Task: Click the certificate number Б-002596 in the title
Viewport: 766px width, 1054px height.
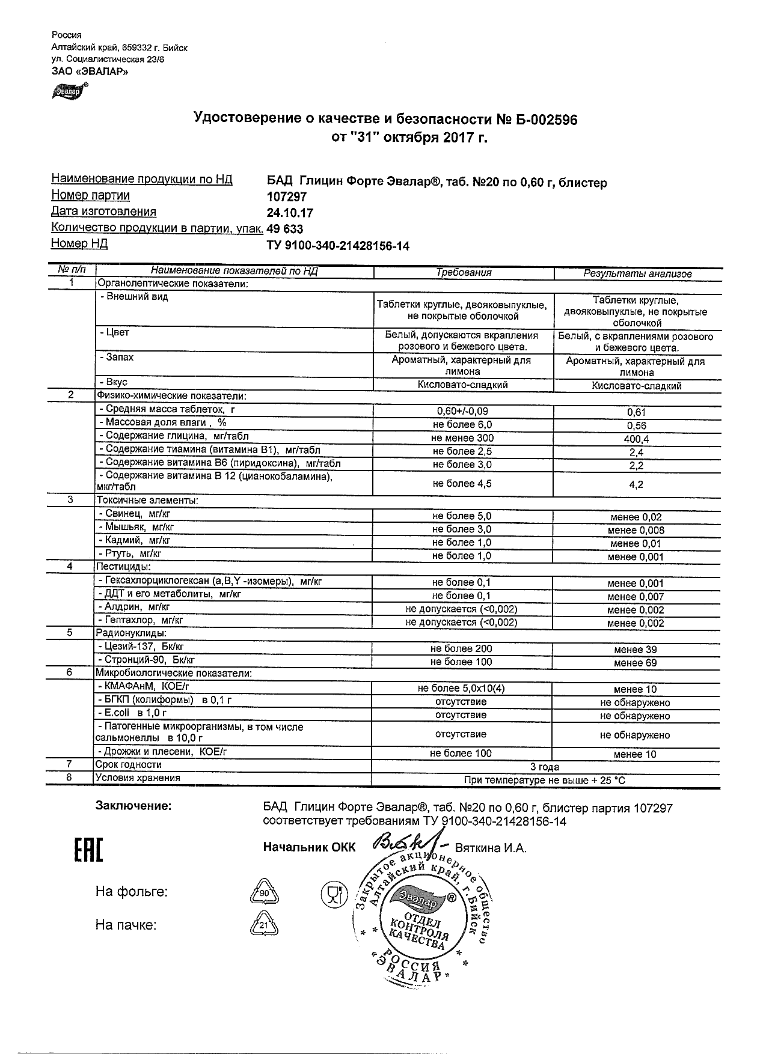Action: click(547, 120)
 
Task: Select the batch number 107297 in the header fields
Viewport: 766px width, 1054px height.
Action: click(287, 197)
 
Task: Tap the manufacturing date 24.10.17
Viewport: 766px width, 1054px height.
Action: click(290, 213)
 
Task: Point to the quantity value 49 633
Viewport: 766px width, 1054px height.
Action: click(285, 230)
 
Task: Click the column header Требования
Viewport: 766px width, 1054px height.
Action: click(464, 273)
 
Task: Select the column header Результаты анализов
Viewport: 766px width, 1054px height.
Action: click(637, 274)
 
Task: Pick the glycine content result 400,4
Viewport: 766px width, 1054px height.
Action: click(636, 439)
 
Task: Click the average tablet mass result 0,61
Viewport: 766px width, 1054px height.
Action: click(636, 413)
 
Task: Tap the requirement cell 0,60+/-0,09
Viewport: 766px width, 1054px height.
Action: click(462, 412)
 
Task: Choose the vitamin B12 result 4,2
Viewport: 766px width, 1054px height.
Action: click(636, 484)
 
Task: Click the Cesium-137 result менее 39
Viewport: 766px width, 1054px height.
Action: click(636, 650)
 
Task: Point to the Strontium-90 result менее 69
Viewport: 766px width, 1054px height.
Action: click(636, 663)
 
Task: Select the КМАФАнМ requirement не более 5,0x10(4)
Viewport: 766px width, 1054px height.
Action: click(461, 689)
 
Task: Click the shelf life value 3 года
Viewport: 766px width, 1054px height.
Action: click(545, 767)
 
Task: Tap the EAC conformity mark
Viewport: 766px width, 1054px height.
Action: click(88, 850)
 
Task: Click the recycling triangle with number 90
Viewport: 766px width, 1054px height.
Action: click(264, 893)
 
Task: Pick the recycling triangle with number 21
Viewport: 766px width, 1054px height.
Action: click(264, 925)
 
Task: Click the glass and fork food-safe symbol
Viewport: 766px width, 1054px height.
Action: click(334, 895)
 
